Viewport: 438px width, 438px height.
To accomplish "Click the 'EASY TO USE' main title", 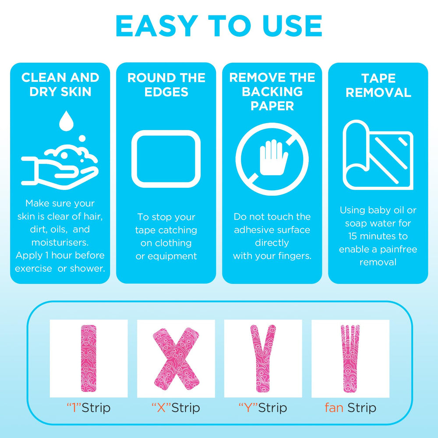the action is [219, 26].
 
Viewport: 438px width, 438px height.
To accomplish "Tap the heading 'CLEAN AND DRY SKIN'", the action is [60, 85].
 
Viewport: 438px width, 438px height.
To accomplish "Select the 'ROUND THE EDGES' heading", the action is [166, 85].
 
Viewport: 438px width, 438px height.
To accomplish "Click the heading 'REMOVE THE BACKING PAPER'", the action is [272, 92].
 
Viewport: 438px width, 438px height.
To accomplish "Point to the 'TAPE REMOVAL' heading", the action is [378, 85].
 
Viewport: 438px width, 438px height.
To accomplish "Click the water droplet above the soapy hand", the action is [66, 121].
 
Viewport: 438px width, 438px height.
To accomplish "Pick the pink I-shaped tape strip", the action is [88, 358].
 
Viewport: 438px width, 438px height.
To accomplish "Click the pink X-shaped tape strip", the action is [176, 359].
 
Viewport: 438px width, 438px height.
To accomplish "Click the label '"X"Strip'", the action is [176, 408].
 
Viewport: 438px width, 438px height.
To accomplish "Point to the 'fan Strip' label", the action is [350, 408].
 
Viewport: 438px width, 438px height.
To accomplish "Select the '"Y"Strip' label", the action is [263, 408].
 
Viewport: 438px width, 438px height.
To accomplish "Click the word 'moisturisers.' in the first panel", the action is [60, 242].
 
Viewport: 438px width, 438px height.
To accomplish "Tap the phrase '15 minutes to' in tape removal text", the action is [378, 236].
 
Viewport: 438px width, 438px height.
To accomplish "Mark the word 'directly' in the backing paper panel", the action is [272, 243].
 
